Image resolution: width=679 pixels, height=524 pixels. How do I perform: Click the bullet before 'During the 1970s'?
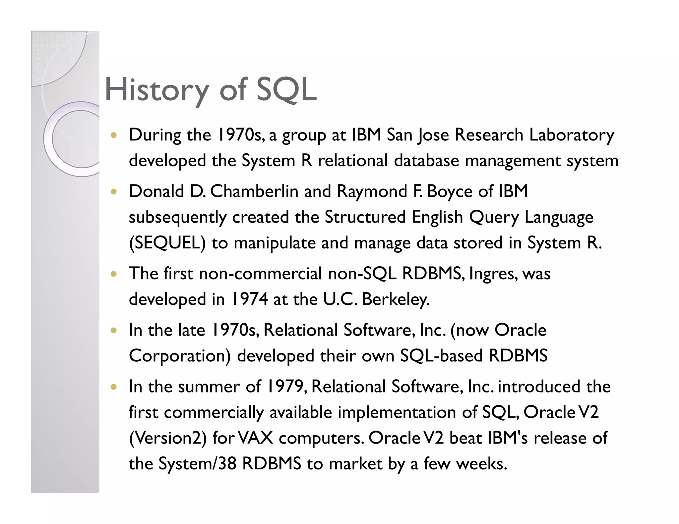114,135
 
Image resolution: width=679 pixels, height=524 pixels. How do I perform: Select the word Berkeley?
396,299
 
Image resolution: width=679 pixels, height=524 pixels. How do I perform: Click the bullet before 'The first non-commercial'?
114,274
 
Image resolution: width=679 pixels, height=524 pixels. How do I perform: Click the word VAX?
256,438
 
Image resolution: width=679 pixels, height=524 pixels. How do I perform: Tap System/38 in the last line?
197,463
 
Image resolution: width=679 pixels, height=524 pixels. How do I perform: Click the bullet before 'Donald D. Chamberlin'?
114,192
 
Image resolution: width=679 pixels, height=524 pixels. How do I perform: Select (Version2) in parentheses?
167,438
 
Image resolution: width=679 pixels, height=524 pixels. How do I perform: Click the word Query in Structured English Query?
494,217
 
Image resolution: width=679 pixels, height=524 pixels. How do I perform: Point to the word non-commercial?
260,274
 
